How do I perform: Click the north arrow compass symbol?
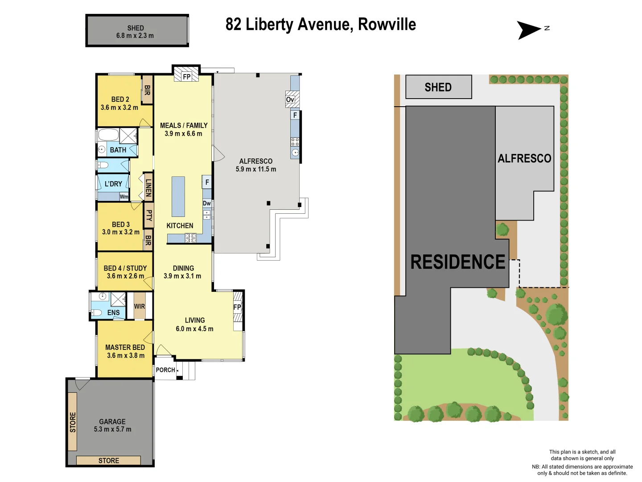coord(529,30)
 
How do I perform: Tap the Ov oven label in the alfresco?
coord(290,100)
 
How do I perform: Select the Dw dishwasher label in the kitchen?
coord(207,204)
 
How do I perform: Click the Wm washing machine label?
coord(124,197)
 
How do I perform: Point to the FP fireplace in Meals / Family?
coord(186,76)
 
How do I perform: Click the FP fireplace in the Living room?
coord(237,307)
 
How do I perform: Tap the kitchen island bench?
coord(178,196)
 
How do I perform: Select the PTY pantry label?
coord(149,216)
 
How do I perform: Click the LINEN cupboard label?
coord(148,187)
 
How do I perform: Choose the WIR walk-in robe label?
coord(140,307)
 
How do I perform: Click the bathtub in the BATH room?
coord(108,135)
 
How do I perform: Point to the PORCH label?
coord(165,370)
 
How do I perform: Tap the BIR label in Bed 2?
coord(147,90)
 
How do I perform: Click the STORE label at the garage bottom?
coord(109,461)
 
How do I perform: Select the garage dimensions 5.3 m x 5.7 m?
coord(112,429)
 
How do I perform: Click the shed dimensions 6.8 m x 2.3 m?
coord(135,36)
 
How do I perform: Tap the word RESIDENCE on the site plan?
coord(458,262)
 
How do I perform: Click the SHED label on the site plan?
coord(438,87)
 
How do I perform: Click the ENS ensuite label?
coord(113,313)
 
